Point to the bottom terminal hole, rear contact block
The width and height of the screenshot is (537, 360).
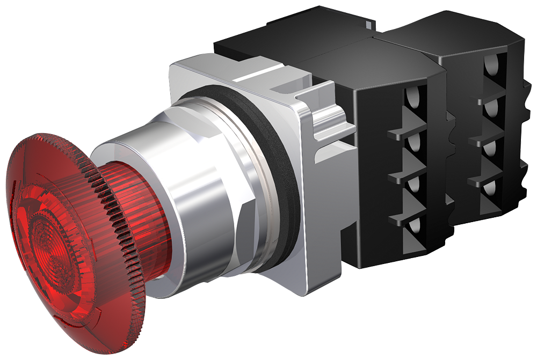point(490,190)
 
